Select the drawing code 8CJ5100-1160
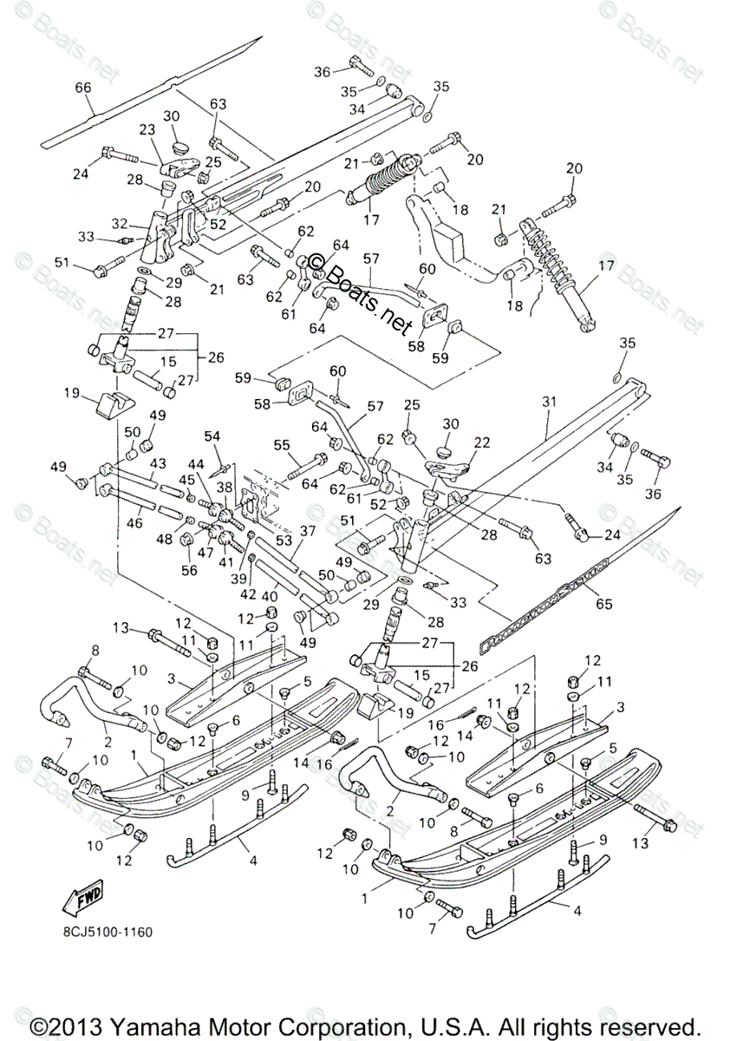(x=108, y=933)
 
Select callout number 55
(x=281, y=445)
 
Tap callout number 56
(x=190, y=570)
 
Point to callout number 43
(x=157, y=464)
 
